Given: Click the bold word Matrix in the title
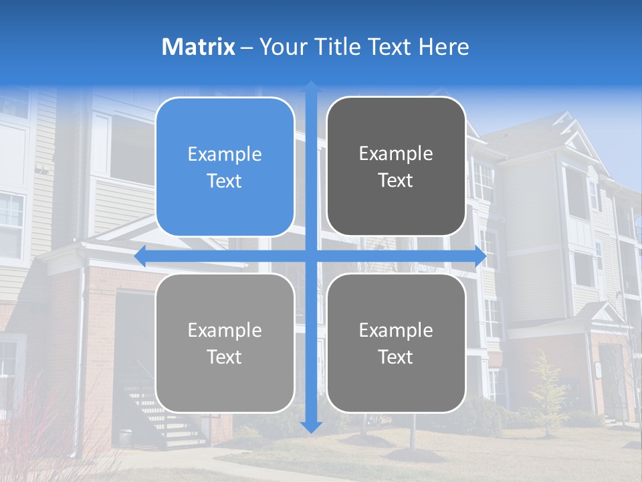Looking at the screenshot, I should pyautogui.click(x=199, y=47).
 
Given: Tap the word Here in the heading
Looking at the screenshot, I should pyautogui.click(x=444, y=47).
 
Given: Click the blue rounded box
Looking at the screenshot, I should pyautogui.click(x=225, y=167).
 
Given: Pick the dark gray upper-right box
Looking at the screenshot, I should pyautogui.click(x=396, y=167).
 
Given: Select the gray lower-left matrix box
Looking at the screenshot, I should pyautogui.click(x=225, y=343).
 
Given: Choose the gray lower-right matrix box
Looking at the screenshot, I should pyautogui.click(x=396, y=343).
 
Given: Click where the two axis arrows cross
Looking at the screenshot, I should pyautogui.click(x=311, y=256).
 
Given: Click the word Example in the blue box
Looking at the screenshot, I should pyautogui.click(x=225, y=155).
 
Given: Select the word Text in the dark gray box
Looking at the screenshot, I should pyautogui.click(x=396, y=181).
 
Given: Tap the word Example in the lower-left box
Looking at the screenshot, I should pyautogui.click(x=225, y=330).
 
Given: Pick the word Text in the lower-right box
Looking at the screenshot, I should pyautogui.click(x=396, y=357).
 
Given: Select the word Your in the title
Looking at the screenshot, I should pyautogui.click(x=280, y=47).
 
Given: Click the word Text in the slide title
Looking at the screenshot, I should pyautogui.click(x=388, y=47).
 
